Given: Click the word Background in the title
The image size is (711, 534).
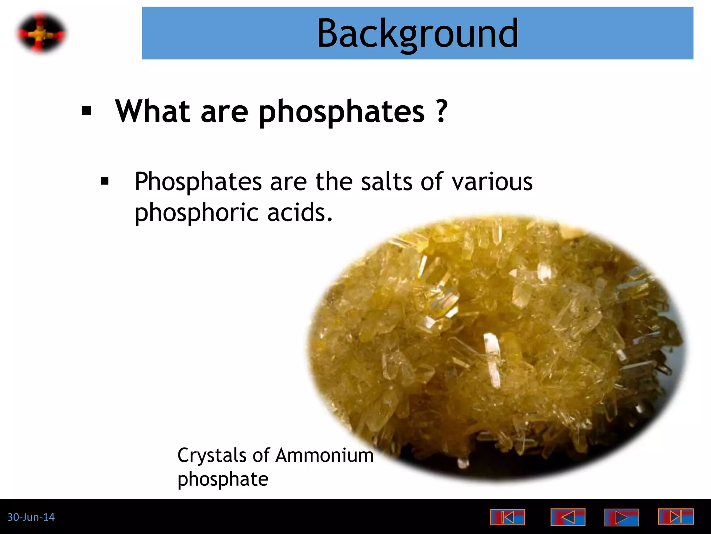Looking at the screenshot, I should (417, 34).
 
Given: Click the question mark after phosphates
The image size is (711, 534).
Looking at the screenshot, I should (442, 111).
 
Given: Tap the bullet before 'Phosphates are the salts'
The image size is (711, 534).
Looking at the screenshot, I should (104, 181).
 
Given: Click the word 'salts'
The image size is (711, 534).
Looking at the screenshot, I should (386, 181).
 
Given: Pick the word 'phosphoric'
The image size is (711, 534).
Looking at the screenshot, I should (196, 213).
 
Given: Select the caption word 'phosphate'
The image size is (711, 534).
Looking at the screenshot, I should (223, 479).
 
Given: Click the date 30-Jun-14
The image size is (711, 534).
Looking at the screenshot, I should (31, 517).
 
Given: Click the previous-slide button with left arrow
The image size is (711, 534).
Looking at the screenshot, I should (568, 517).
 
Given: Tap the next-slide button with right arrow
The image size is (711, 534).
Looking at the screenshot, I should (621, 517).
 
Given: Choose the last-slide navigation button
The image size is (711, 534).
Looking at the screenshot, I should (676, 516).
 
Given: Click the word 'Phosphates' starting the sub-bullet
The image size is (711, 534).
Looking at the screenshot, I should (198, 181).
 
